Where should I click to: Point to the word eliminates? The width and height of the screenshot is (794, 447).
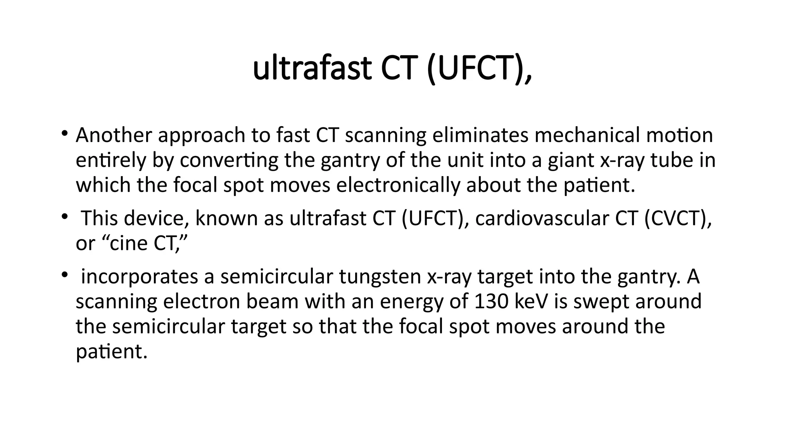coord(480,135)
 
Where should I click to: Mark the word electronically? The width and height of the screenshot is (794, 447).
coord(397,185)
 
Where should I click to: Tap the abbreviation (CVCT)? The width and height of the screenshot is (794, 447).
coord(678,218)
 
